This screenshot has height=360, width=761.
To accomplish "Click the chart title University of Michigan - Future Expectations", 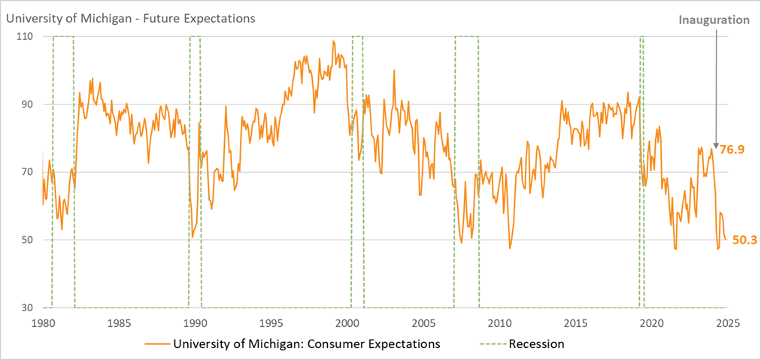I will coord(130,17).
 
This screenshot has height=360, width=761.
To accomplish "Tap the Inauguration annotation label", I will coord(714,20).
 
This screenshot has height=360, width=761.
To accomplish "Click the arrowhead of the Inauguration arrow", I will coord(716,145).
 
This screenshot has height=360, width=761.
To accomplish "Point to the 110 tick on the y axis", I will coord(28,36).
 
